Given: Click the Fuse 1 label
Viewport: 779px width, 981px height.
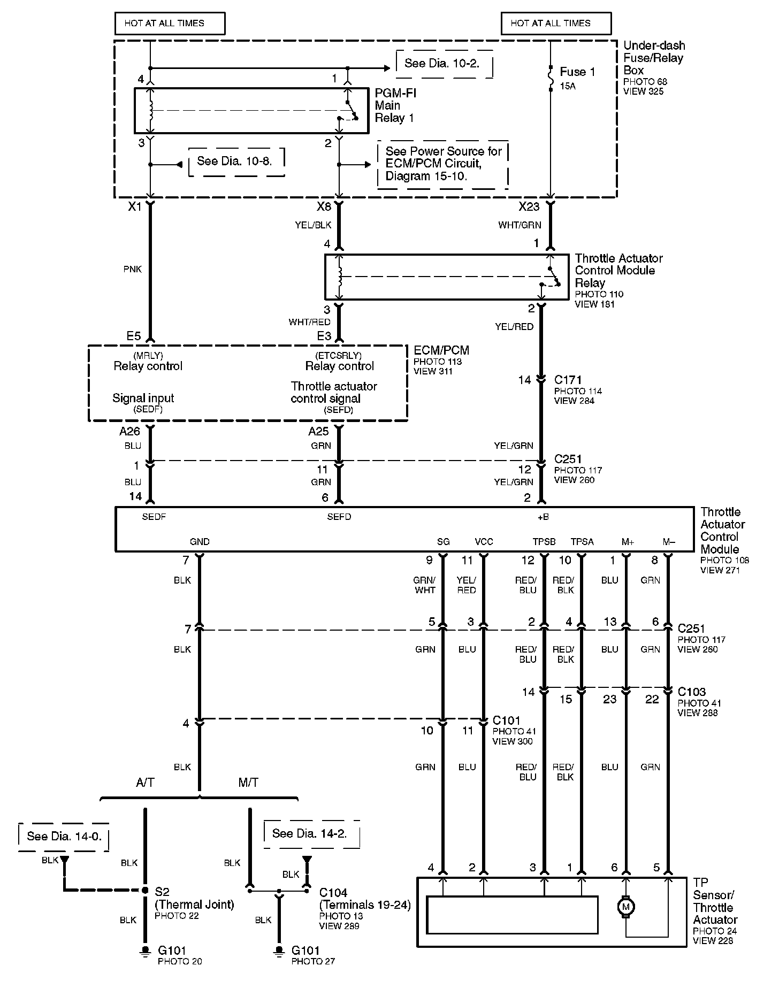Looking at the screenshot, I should tap(577, 72).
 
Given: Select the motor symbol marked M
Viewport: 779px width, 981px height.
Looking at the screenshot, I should tap(625, 907).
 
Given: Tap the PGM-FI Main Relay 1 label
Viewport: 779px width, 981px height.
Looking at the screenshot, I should tap(395, 105).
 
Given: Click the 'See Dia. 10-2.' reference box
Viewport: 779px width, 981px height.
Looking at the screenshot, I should tap(443, 64).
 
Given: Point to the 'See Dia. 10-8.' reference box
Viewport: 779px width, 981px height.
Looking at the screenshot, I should tap(235, 161).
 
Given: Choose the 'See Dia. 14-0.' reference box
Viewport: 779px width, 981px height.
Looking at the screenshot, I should tap(64, 836).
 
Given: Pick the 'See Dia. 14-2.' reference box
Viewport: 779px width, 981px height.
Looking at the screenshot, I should tap(310, 833).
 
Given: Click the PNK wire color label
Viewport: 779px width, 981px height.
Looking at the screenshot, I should tap(132, 270).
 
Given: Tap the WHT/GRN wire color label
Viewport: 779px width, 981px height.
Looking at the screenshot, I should tap(520, 225).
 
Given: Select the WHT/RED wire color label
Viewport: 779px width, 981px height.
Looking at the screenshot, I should tap(309, 322).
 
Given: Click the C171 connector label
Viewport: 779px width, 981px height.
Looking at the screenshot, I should tap(568, 380).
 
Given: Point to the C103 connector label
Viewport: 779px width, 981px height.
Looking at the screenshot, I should tap(691, 692).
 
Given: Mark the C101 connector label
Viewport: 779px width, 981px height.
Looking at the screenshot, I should tap(506, 721).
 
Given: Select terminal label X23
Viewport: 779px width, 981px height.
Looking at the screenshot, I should tap(529, 206).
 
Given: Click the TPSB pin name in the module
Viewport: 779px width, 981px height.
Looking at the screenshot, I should tap(544, 542).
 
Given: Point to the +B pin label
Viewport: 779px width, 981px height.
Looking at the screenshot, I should tap(543, 517).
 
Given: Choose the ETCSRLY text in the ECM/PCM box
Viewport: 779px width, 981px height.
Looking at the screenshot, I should tap(338, 356).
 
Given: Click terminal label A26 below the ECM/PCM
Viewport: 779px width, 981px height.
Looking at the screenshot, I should tap(129, 432).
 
